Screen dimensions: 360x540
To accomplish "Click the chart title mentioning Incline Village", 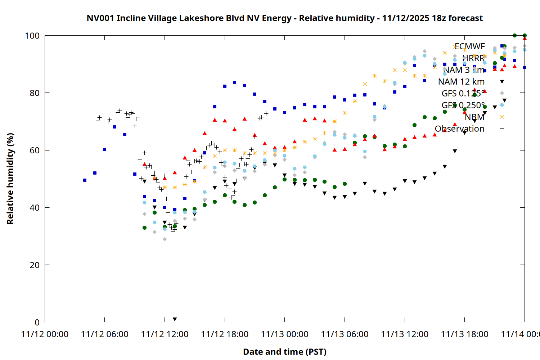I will tap(284, 18).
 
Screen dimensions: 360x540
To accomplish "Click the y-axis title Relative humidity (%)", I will tap(10, 179).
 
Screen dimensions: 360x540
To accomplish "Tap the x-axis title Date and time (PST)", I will tap(284, 352).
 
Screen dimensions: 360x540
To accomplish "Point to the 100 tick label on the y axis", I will tap(32, 36).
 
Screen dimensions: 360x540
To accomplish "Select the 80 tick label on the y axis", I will tap(35, 93).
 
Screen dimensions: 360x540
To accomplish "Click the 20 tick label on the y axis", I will tap(35, 265).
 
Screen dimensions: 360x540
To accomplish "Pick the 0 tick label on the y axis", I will tap(37, 322).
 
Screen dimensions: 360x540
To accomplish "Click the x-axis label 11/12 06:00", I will tap(104, 334).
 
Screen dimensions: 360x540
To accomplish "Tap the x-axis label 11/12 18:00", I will tap(225, 334).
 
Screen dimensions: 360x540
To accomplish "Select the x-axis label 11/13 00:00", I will tap(284, 334).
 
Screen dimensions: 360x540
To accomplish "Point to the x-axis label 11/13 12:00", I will tap(405, 334).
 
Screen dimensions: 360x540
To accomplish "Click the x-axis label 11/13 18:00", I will tap(464, 334).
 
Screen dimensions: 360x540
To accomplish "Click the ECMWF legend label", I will tap(469, 46).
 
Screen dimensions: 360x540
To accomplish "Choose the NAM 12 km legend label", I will tap(461, 82).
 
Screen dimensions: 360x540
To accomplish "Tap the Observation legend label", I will tap(459, 129).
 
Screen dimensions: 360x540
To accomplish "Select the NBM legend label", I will tap(474, 117).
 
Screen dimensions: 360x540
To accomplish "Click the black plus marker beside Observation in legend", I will tap(502, 129).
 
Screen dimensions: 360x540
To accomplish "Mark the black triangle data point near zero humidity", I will tap(175, 319).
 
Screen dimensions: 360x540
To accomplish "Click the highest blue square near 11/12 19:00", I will tap(234, 82).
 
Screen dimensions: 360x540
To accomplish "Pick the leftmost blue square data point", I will tap(85, 180).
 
